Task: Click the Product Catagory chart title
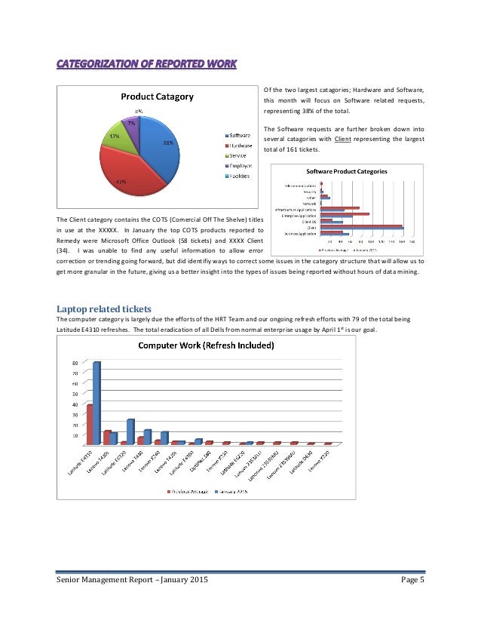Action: point(158,97)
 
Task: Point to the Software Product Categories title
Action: point(346,171)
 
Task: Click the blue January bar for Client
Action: point(362,228)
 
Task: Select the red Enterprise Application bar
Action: point(345,213)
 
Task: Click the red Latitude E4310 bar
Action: point(90,425)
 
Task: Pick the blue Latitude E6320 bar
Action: point(130,431)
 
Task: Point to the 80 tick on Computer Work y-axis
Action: point(75,362)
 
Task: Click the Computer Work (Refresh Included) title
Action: point(205,346)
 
